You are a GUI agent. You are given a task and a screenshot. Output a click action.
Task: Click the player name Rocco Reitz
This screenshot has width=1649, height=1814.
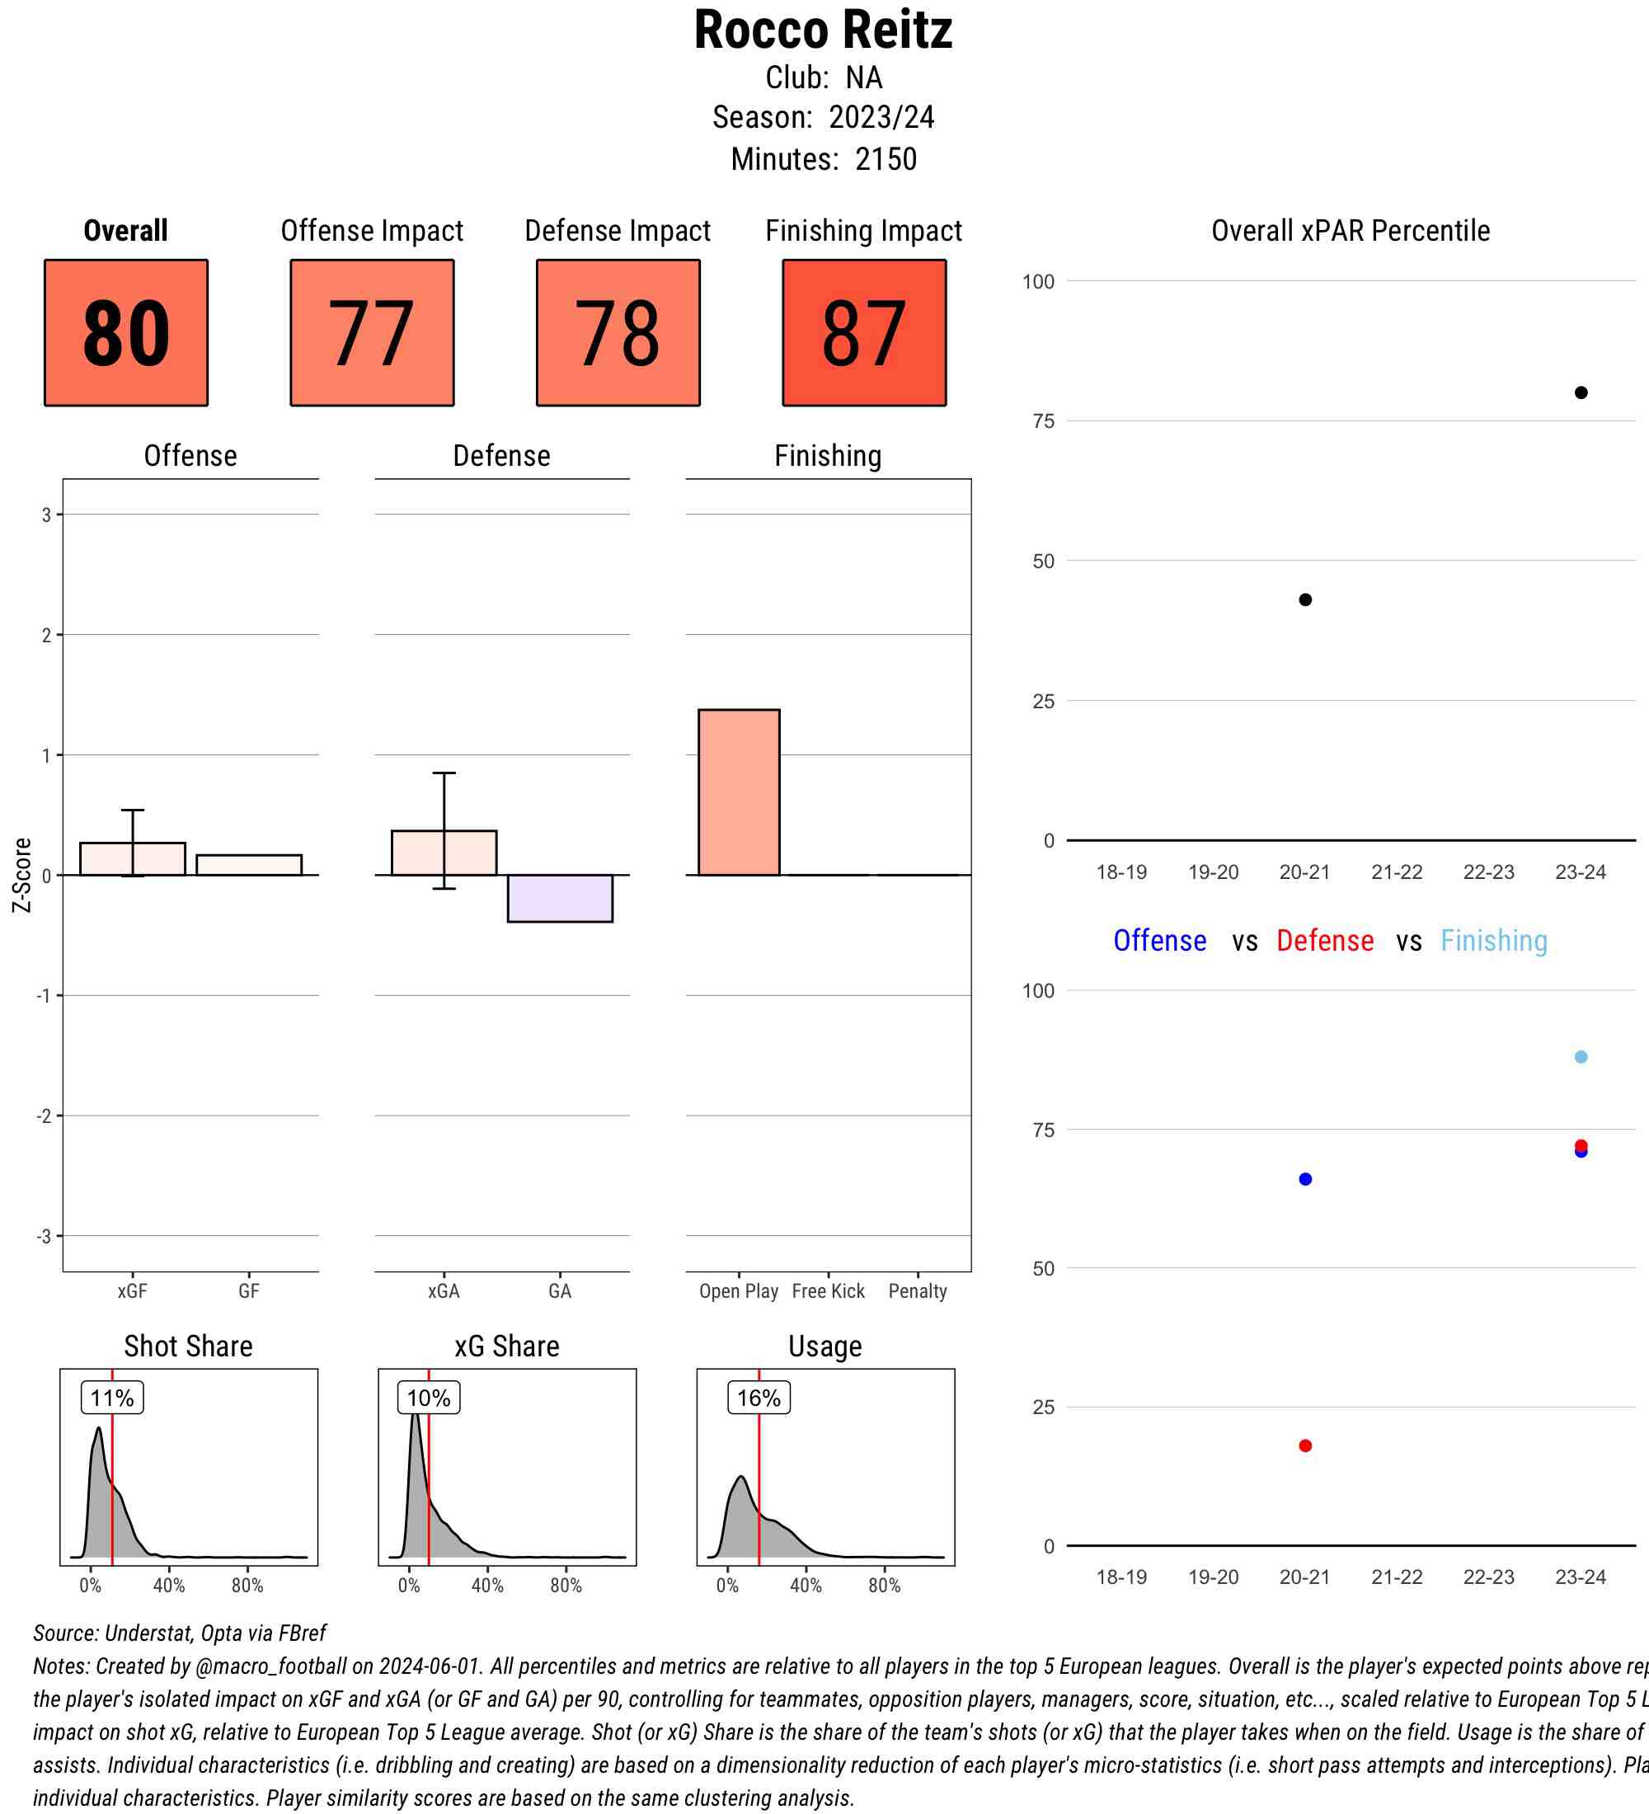(822, 31)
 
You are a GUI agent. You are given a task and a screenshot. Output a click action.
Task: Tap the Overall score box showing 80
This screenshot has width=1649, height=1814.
(126, 333)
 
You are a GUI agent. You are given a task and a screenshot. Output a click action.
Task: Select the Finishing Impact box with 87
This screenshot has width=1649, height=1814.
(863, 333)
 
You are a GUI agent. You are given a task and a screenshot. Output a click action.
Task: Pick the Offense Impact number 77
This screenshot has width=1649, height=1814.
(372, 333)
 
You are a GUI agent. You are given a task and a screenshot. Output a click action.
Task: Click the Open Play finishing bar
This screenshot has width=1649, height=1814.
(739, 792)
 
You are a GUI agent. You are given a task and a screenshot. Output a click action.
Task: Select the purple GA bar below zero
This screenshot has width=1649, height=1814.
(560, 898)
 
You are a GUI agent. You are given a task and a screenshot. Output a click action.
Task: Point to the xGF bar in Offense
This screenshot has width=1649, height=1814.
(132, 858)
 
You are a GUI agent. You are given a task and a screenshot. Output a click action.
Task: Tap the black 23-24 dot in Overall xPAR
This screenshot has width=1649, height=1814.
(1581, 392)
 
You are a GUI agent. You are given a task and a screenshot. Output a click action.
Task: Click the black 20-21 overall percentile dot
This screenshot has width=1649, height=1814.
(1304, 599)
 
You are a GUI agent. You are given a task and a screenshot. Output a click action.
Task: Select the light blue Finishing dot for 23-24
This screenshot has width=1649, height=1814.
(1581, 1056)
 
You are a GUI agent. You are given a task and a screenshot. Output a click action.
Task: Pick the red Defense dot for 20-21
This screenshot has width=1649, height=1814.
(1304, 1446)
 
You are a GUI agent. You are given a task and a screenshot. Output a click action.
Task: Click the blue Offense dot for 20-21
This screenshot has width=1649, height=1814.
(1304, 1179)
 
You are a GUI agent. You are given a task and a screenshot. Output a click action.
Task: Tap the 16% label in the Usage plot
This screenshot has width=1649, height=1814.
(759, 1398)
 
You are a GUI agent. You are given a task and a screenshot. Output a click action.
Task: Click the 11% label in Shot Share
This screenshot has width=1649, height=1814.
(111, 1398)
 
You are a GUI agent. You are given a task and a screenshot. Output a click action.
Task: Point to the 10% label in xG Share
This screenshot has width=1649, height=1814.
(428, 1398)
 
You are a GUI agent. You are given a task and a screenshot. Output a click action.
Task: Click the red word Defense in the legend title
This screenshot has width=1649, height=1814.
(1324, 940)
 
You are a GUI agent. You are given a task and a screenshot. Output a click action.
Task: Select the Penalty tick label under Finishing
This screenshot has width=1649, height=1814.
(917, 1291)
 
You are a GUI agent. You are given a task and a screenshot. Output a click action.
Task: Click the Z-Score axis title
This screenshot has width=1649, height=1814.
(21, 875)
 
